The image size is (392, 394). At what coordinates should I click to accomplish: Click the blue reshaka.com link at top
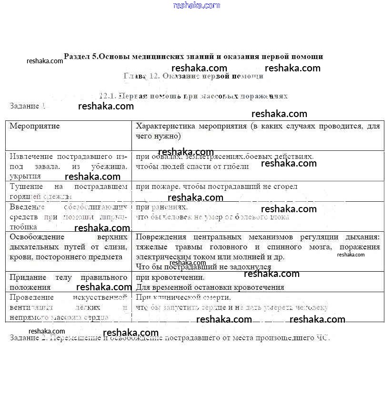(197, 5)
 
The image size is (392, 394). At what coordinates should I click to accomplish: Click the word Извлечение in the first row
(31, 157)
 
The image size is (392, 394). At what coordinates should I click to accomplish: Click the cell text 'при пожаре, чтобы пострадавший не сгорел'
(216, 187)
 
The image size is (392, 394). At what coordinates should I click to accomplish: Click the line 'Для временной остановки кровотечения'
(210, 287)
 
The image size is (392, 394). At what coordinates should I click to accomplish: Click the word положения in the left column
(30, 287)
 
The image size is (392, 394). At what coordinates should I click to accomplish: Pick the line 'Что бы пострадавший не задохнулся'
(203, 267)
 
